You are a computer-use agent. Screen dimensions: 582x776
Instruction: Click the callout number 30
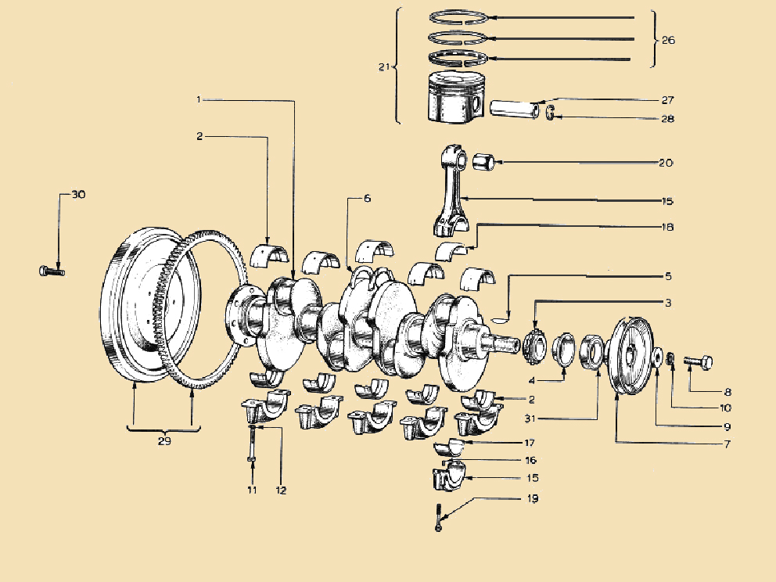coord(78,194)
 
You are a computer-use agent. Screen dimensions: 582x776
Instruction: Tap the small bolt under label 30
coord(50,271)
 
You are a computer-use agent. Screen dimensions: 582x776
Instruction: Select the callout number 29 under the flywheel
coord(163,440)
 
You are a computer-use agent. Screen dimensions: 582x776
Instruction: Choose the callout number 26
coord(668,39)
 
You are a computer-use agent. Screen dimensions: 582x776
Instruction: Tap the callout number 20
coord(666,163)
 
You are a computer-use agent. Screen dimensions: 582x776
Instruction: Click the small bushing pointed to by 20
coord(482,163)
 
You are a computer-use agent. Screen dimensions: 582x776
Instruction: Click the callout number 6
coord(367,199)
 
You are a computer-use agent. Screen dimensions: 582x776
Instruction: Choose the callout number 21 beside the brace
coord(383,67)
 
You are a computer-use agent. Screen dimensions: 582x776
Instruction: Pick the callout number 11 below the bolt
coord(252,490)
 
